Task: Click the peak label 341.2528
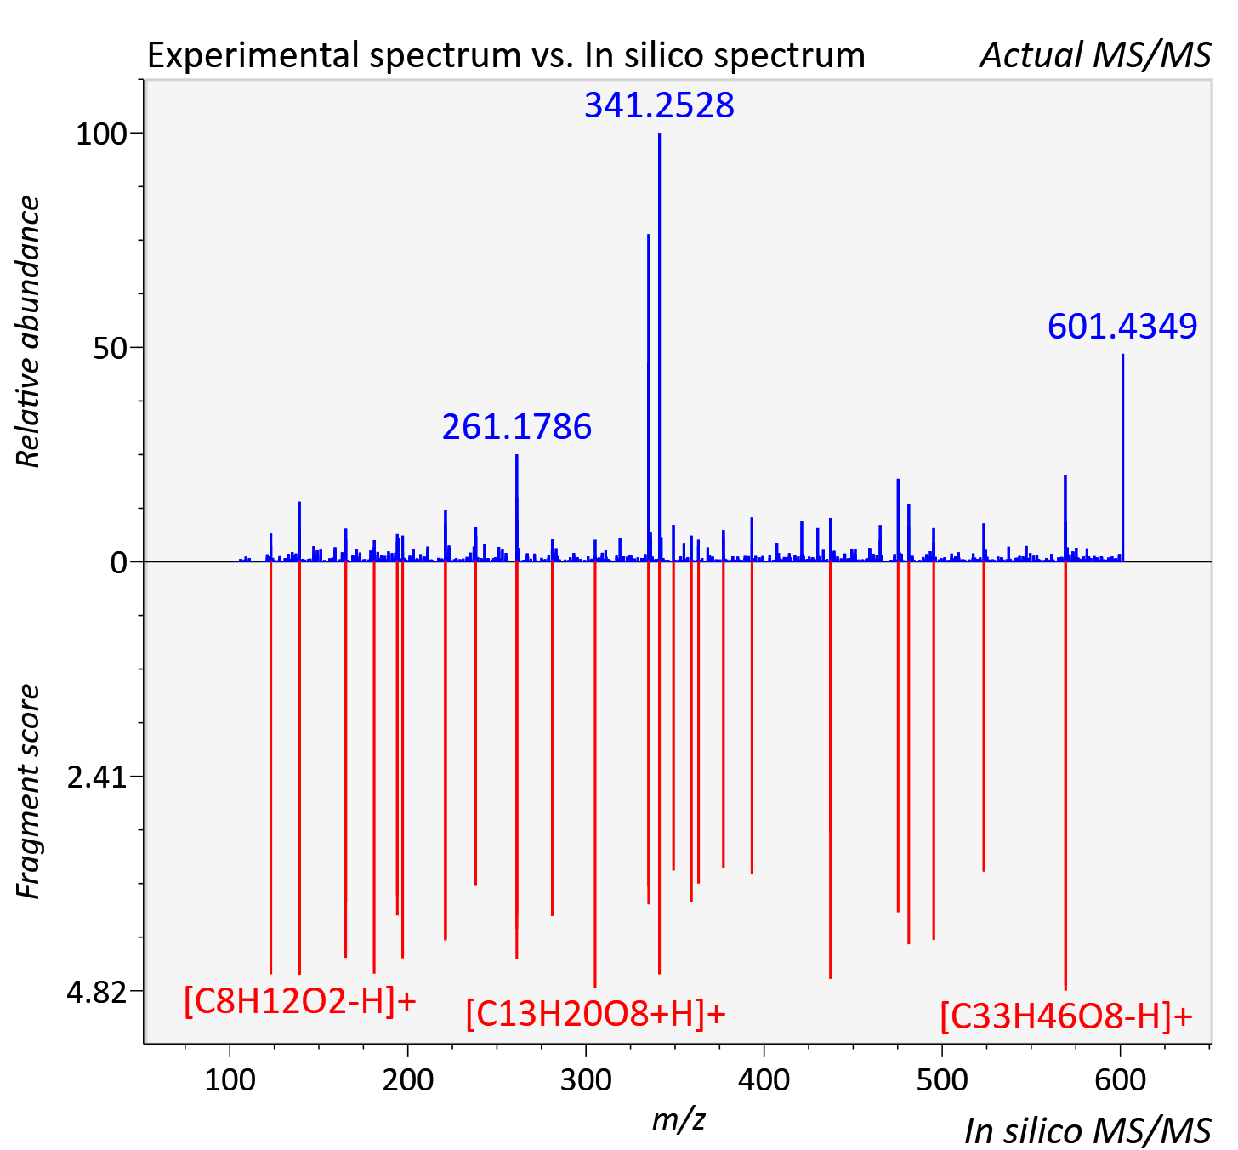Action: pos(659,105)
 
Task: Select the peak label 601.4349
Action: pos(1122,326)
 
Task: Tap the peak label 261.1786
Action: pos(517,427)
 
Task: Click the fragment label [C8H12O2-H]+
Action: pos(299,1001)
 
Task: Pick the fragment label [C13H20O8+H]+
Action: pos(595,1013)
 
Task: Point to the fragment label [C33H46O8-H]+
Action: pos(1066,1016)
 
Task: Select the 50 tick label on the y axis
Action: pos(110,348)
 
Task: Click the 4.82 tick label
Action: pos(96,992)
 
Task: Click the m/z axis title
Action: pos(679,1120)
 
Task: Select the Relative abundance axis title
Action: pos(27,331)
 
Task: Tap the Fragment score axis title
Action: pos(27,792)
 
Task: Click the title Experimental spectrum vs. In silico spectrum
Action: pos(506,55)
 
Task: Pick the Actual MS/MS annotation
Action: pos(1096,55)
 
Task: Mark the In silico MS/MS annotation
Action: pos(1088,1131)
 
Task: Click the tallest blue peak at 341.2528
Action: pos(659,347)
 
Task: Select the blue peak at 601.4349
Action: pos(1122,458)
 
